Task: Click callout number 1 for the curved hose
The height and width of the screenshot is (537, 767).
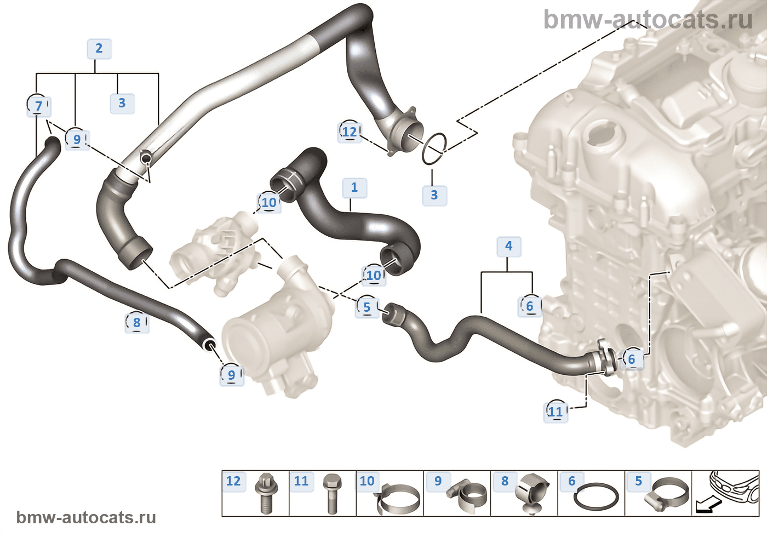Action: pyautogui.click(x=354, y=187)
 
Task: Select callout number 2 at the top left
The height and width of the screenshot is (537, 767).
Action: pyautogui.click(x=99, y=48)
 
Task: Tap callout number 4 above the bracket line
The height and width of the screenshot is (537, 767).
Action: pyautogui.click(x=508, y=246)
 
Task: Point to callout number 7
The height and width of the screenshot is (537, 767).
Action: pyautogui.click(x=38, y=106)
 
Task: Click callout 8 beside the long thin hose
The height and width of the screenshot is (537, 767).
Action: pyautogui.click(x=136, y=323)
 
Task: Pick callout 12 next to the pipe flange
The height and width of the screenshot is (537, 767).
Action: pyautogui.click(x=349, y=132)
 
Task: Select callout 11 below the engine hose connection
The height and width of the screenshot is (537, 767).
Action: pyautogui.click(x=555, y=412)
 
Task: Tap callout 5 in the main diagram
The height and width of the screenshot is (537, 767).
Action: pyautogui.click(x=367, y=307)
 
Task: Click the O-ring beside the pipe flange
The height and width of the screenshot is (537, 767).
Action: pyautogui.click(x=434, y=149)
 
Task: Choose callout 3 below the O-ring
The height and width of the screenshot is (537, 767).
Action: pyautogui.click(x=434, y=195)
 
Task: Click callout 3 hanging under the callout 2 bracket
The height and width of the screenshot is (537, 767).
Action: pyautogui.click(x=122, y=102)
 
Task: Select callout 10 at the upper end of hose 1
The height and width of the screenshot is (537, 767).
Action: pyautogui.click(x=268, y=203)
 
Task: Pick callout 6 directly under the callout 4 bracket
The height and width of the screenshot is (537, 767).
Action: pyautogui.click(x=529, y=306)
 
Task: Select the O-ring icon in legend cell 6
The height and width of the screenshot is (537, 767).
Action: pyautogui.click(x=596, y=497)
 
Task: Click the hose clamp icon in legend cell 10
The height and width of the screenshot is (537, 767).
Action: pyautogui.click(x=398, y=498)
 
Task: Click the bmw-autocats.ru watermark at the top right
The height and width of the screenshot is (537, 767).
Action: pyautogui.click(x=648, y=20)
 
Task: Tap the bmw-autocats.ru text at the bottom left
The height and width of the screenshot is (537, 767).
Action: pyautogui.click(x=86, y=517)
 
